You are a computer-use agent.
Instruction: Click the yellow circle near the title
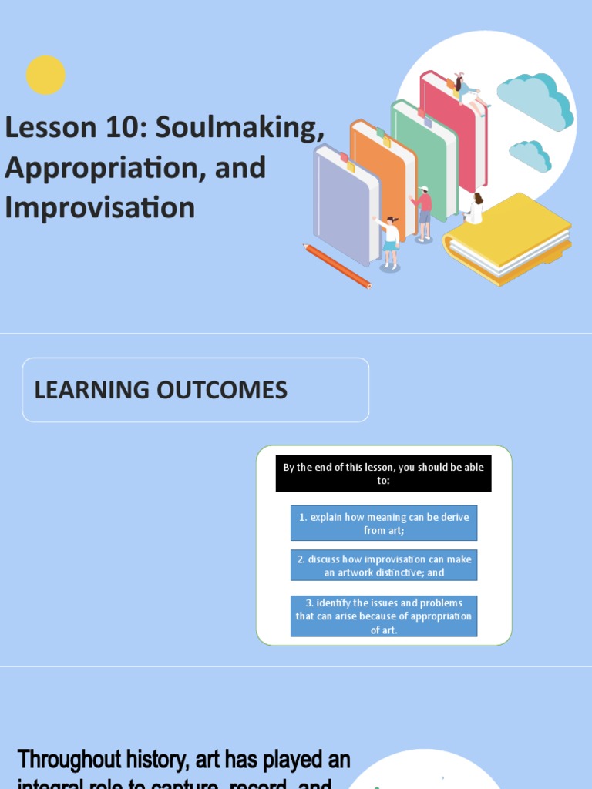click(x=45, y=75)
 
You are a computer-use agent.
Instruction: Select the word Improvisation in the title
click(x=99, y=207)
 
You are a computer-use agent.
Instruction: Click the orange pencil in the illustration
click(x=337, y=266)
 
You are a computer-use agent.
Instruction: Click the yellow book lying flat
click(x=509, y=235)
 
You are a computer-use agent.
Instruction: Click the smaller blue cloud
click(x=530, y=156)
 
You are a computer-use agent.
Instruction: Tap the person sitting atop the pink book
click(x=462, y=87)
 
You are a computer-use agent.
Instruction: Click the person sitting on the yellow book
click(x=475, y=210)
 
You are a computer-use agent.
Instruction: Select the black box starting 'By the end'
click(x=383, y=474)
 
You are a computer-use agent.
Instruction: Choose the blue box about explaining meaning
click(x=383, y=524)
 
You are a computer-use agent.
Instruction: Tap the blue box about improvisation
click(x=383, y=566)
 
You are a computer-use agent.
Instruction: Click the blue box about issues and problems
click(x=383, y=616)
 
